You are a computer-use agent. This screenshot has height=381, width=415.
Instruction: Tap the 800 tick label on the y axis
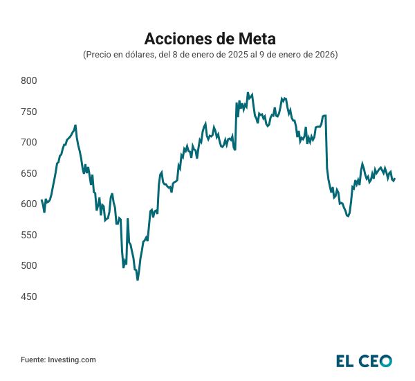click(x=28, y=81)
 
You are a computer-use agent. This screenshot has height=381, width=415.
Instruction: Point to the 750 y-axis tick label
click(x=28, y=112)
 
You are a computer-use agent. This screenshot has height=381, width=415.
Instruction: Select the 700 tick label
click(x=28, y=143)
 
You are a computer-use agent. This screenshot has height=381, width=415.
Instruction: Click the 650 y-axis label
click(x=28, y=173)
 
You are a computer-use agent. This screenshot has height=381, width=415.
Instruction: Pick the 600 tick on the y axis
click(x=28, y=204)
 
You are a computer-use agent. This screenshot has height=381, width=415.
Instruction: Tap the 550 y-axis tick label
click(x=28, y=236)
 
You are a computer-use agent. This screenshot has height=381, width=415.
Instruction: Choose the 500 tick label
click(x=28, y=266)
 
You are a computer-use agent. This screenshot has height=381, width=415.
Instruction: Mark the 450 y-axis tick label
click(x=28, y=297)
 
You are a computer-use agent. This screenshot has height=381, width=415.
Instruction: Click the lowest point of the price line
click(x=138, y=279)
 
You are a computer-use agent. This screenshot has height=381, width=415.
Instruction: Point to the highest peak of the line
click(x=248, y=92)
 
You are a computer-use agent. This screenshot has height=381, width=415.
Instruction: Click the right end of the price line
click(x=394, y=179)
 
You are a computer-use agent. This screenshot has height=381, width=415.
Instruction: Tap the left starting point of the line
click(x=41, y=200)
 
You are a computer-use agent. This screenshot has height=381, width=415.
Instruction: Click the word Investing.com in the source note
click(x=71, y=360)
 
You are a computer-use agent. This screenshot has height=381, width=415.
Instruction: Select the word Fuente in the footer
click(x=32, y=360)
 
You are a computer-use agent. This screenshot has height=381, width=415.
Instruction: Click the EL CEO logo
click(x=364, y=360)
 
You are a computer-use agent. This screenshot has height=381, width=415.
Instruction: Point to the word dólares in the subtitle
click(x=137, y=54)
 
